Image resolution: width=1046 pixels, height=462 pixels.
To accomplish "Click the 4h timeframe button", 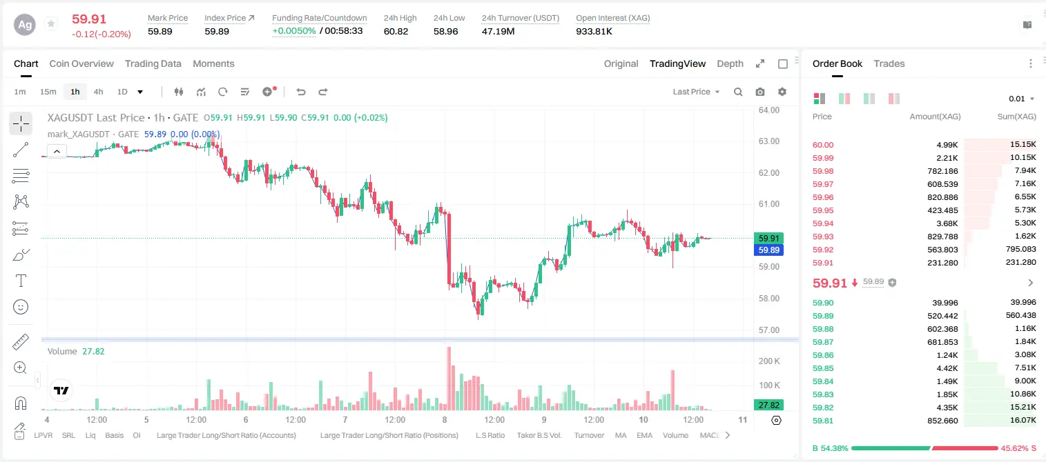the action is pyautogui.click(x=98, y=92).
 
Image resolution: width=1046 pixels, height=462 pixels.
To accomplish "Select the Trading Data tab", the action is pyautogui.click(x=153, y=64).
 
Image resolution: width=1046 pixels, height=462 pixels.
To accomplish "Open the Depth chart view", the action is pyautogui.click(x=730, y=64).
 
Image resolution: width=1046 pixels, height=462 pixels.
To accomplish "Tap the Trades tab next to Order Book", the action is pyautogui.click(x=889, y=64).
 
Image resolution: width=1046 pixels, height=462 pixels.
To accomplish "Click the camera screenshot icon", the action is pyautogui.click(x=760, y=92).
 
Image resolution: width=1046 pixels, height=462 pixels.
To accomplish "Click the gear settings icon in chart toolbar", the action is pyautogui.click(x=782, y=92).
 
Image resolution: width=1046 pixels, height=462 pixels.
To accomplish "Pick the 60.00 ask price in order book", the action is pyautogui.click(x=823, y=145).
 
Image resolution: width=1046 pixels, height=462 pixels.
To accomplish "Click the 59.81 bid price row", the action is pyautogui.click(x=823, y=421).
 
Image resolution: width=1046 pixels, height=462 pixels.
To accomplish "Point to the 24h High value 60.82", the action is pyautogui.click(x=396, y=31).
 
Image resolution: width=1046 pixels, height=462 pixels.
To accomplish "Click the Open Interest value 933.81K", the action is pyautogui.click(x=594, y=31).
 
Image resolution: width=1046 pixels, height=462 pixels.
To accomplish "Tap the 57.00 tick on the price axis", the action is pyautogui.click(x=769, y=330).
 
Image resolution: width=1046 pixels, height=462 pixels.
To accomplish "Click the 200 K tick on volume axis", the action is pyautogui.click(x=769, y=361).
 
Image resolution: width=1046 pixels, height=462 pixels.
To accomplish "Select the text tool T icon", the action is pyautogui.click(x=21, y=281).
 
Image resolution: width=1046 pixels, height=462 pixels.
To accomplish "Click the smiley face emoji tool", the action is pyautogui.click(x=21, y=307).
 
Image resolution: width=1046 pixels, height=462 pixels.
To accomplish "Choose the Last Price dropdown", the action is pyautogui.click(x=696, y=92).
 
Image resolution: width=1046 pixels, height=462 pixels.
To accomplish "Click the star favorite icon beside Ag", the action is pyautogui.click(x=51, y=23).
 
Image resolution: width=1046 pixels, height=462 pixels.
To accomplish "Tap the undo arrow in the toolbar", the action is pyautogui.click(x=301, y=92).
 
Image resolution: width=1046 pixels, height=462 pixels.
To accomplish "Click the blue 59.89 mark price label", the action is pyautogui.click(x=768, y=250).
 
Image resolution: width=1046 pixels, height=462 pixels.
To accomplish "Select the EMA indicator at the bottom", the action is pyautogui.click(x=644, y=435).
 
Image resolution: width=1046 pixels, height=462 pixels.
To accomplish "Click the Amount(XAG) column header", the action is pyautogui.click(x=935, y=117).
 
